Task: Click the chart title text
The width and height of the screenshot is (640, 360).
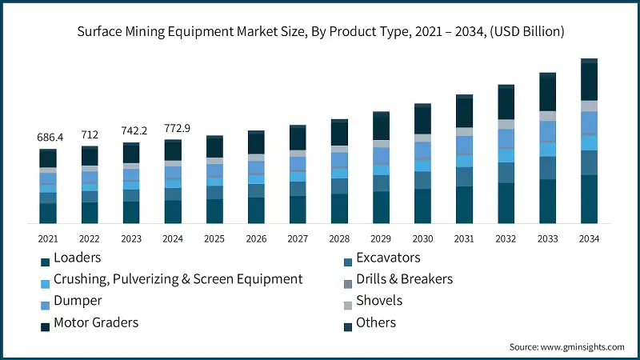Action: (320, 32)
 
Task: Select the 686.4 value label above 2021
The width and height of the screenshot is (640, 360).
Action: (48, 138)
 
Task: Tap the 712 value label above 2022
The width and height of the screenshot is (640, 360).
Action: (90, 134)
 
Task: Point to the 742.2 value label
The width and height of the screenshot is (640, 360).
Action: (131, 130)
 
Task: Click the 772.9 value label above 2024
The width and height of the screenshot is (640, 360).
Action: (173, 127)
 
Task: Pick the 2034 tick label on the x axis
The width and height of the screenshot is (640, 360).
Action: (589, 238)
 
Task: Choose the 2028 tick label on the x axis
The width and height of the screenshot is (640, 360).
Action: (339, 238)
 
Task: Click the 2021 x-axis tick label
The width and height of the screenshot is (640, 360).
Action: (48, 238)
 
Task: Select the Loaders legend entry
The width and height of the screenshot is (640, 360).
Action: (78, 258)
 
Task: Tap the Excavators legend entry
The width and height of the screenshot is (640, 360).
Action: (388, 258)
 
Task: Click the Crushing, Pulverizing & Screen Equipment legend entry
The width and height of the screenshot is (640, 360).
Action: (178, 279)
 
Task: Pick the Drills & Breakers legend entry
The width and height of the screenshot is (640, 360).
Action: (404, 279)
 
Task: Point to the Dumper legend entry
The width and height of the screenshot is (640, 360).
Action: (78, 301)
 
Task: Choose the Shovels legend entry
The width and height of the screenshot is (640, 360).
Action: (379, 301)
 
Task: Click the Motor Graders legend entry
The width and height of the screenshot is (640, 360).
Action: (95, 322)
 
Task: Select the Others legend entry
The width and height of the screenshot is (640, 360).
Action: (376, 322)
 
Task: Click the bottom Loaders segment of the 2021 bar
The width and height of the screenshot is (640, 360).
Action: (48, 213)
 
